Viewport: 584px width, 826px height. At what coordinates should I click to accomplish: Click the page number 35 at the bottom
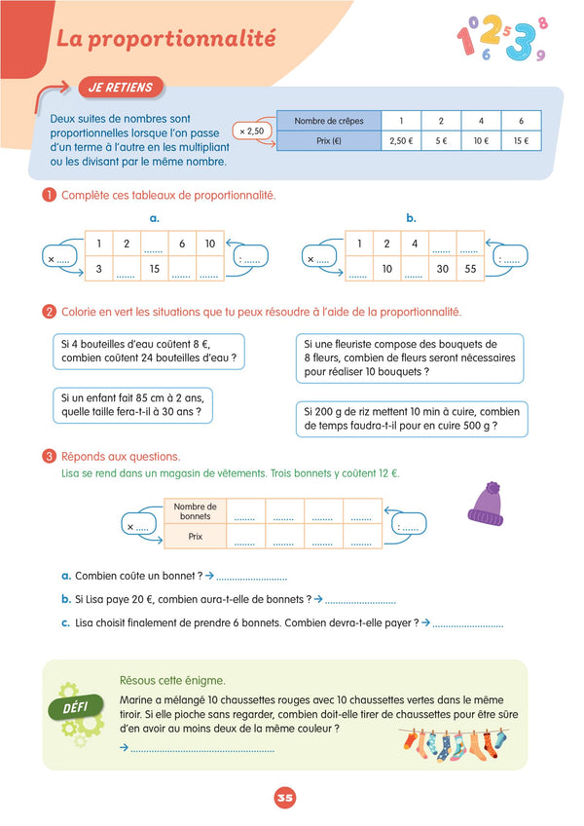(284, 798)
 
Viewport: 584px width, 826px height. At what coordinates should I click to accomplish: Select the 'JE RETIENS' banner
(120, 88)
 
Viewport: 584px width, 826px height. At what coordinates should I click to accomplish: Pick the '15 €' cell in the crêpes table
(521, 140)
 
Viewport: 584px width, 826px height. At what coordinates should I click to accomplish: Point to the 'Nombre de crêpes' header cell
(328, 121)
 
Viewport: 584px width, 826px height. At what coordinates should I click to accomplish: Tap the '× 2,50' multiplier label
(251, 131)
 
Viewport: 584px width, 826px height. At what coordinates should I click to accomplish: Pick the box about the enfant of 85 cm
(132, 403)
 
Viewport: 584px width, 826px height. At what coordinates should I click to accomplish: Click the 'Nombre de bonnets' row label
(196, 510)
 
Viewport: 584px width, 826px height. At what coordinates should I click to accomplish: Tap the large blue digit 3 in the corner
(519, 41)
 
